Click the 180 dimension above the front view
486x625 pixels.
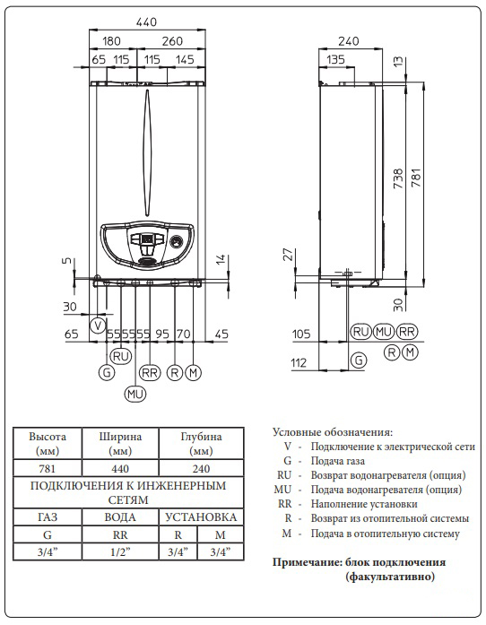point(111,40)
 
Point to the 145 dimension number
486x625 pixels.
point(184,59)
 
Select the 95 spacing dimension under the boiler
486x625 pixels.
point(162,334)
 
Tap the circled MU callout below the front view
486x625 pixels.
point(135,393)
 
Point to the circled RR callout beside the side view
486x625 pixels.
point(407,332)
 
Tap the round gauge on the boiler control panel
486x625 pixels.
point(177,242)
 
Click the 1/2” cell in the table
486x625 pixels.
point(119,551)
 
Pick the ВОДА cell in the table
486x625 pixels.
point(119,517)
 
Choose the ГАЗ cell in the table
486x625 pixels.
point(48,517)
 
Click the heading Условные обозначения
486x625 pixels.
point(332,432)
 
